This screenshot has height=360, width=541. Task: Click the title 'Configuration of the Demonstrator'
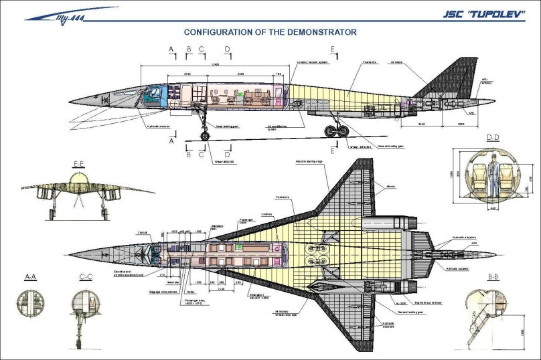pos(270,31)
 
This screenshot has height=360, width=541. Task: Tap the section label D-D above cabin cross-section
pos(493,137)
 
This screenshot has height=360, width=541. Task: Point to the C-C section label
pos(85,276)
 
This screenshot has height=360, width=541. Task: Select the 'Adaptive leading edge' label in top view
pos(309,161)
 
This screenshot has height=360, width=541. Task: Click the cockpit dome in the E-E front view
pos(79,179)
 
